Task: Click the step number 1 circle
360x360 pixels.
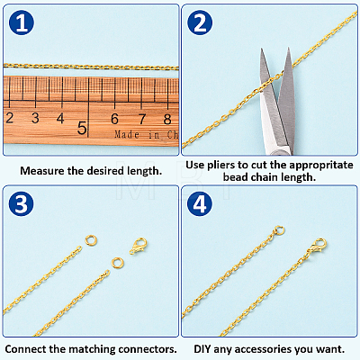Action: (22, 23)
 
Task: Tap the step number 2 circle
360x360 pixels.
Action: (200, 23)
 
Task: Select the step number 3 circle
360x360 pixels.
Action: (22, 204)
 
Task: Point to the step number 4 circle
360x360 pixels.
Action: (200, 204)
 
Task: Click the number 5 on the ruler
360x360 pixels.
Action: (82, 128)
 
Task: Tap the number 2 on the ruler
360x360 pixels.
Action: (10, 118)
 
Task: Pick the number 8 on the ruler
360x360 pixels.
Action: (167, 120)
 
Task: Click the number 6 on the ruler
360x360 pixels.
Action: (114, 119)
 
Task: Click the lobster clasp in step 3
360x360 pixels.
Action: (138, 247)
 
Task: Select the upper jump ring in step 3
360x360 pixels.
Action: (91, 240)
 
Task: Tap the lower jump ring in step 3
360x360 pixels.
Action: (117, 263)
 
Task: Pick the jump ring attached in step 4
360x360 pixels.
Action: (279, 231)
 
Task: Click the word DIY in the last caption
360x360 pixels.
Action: (202, 349)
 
